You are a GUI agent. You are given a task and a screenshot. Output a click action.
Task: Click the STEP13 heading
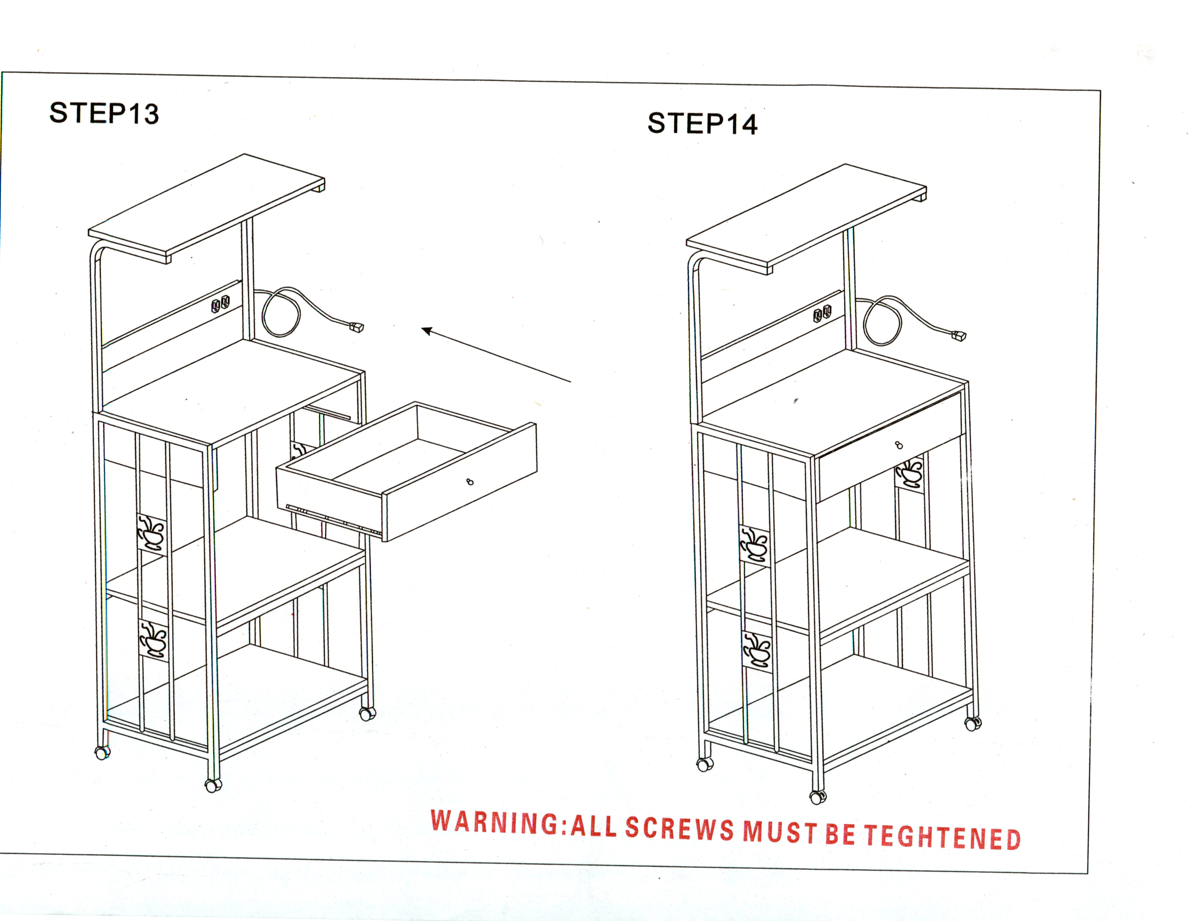coord(104,114)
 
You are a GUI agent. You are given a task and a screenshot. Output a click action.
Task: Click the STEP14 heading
coord(702,124)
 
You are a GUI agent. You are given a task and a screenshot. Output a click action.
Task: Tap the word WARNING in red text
coord(494,822)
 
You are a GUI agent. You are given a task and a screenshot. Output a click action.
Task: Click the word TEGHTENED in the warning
coord(942,837)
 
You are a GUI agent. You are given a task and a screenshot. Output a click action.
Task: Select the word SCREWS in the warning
coord(680,829)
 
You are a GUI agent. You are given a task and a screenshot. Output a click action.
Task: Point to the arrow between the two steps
coord(496,355)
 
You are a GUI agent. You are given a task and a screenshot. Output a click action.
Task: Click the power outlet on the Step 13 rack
coord(220,304)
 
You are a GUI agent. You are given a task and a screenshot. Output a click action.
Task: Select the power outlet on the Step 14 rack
coord(822,314)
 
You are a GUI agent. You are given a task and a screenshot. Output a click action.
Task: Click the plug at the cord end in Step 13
coord(357,327)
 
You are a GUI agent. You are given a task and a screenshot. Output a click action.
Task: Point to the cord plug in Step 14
coord(959,336)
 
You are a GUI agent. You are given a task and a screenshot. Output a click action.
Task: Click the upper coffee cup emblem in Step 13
coord(151,534)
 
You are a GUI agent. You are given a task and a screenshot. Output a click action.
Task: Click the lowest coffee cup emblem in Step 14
coord(756,652)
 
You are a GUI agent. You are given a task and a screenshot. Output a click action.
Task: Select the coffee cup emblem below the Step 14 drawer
coord(909,473)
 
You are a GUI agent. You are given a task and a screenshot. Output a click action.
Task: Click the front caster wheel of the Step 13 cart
coord(213,785)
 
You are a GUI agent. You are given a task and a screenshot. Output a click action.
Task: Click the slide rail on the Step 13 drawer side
coord(333,518)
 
